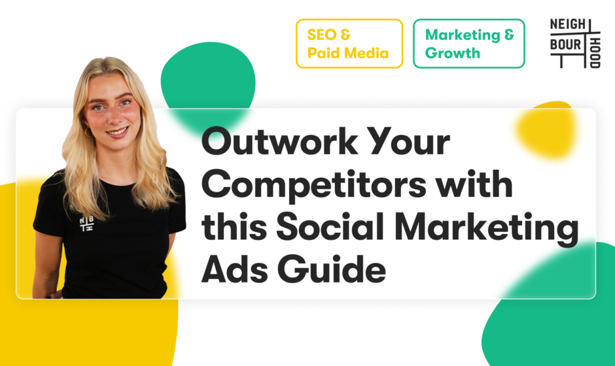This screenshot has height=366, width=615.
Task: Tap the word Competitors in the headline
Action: pos(314,186)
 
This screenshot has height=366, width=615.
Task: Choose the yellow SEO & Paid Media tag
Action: pos(349,44)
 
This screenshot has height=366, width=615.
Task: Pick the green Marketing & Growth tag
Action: pos(469,44)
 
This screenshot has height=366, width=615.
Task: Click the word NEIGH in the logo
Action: pos(567,24)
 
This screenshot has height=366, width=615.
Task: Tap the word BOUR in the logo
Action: pos(565,44)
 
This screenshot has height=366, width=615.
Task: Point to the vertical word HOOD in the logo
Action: pos(595,53)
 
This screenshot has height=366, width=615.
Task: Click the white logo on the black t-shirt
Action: pos(86,224)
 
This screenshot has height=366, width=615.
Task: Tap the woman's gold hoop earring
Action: pos(88,132)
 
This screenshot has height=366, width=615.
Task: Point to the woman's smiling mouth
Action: pos(117,132)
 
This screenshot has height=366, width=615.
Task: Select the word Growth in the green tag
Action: pos(453,53)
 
